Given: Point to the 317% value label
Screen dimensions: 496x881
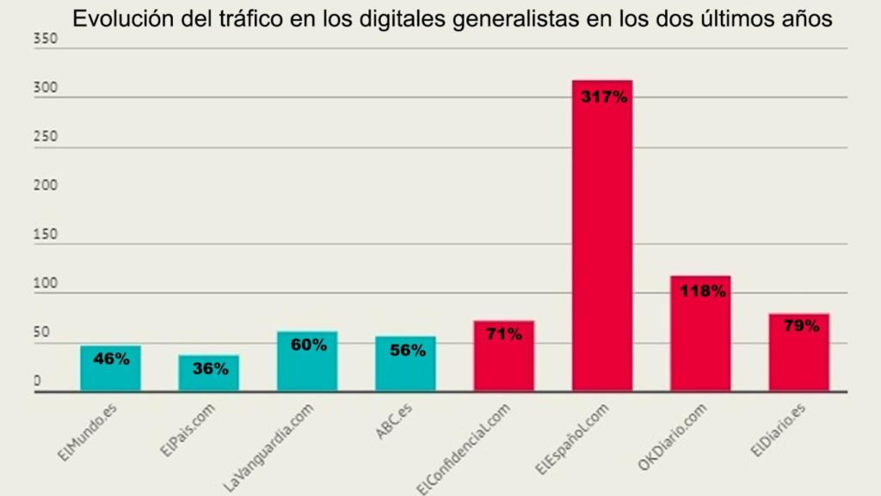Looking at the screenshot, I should [604, 97].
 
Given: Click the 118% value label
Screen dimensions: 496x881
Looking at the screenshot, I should [702, 291].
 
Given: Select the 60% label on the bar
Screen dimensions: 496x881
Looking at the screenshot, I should [308, 344].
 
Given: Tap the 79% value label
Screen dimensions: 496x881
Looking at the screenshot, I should [800, 325].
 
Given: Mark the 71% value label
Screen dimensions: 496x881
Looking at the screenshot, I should [503, 334].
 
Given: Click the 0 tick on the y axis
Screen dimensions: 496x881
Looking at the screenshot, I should [37, 381].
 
